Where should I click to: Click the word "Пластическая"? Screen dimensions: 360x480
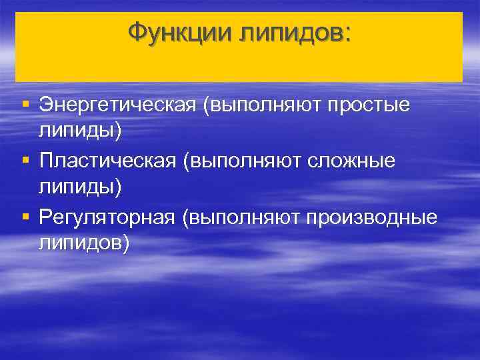[109, 161]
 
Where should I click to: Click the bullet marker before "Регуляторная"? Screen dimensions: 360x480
[25, 217]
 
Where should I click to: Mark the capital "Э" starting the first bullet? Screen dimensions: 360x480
[45, 105]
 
